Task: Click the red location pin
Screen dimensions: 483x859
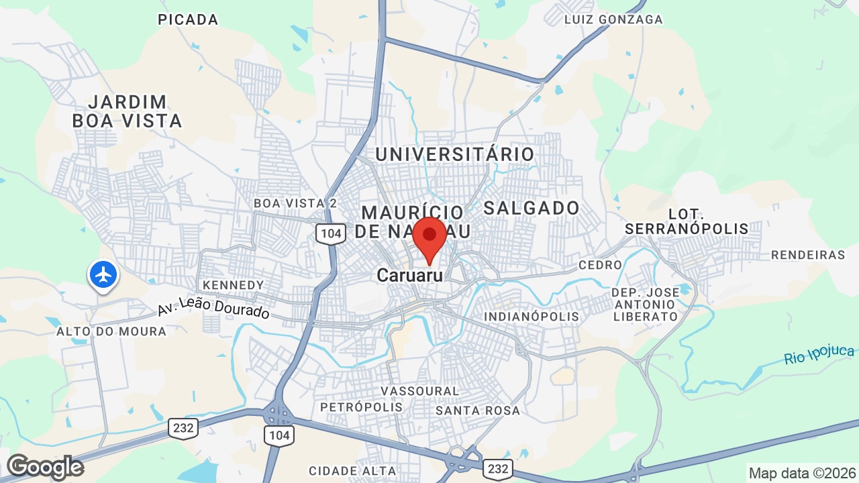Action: pyautogui.click(x=429, y=237)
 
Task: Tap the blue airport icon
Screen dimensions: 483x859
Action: pyautogui.click(x=103, y=274)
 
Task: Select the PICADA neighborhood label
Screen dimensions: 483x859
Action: pyautogui.click(x=188, y=20)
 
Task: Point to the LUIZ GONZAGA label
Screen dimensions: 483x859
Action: pyautogui.click(x=613, y=19)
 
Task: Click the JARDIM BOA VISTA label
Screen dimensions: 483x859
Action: pyautogui.click(x=128, y=111)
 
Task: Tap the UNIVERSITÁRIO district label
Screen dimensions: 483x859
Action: pyautogui.click(x=455, y=154)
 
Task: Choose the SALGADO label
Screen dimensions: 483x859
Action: pyautogui.click(x=532, y=208)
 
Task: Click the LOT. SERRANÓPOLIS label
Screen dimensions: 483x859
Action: pyautogui.click(x=687, y=222)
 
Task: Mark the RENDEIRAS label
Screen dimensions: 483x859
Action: pyautogui.click(x=808, y=255)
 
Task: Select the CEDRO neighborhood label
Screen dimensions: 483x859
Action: pyautogui.click(x=600, y=265)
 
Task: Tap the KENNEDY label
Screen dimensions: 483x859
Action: pyautogui.click(x=234, y=285)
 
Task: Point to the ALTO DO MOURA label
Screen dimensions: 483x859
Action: pyautogui.click(x=111, y=331)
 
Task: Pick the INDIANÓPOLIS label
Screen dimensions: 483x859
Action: pyautogui.click(x=532, y=316)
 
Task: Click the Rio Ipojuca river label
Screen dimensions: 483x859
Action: pyautogui.click(x=819, y=355)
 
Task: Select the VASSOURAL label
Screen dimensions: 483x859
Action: pyautogui.click(x=420, y=390)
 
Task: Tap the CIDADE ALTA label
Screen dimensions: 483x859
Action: pyautogui.click(x=352, y=471)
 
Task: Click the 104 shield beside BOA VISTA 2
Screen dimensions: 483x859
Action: pyautogui.click(x=331, y=233)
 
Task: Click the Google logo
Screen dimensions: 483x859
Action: pyautogui.click(x=45, y=467)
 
